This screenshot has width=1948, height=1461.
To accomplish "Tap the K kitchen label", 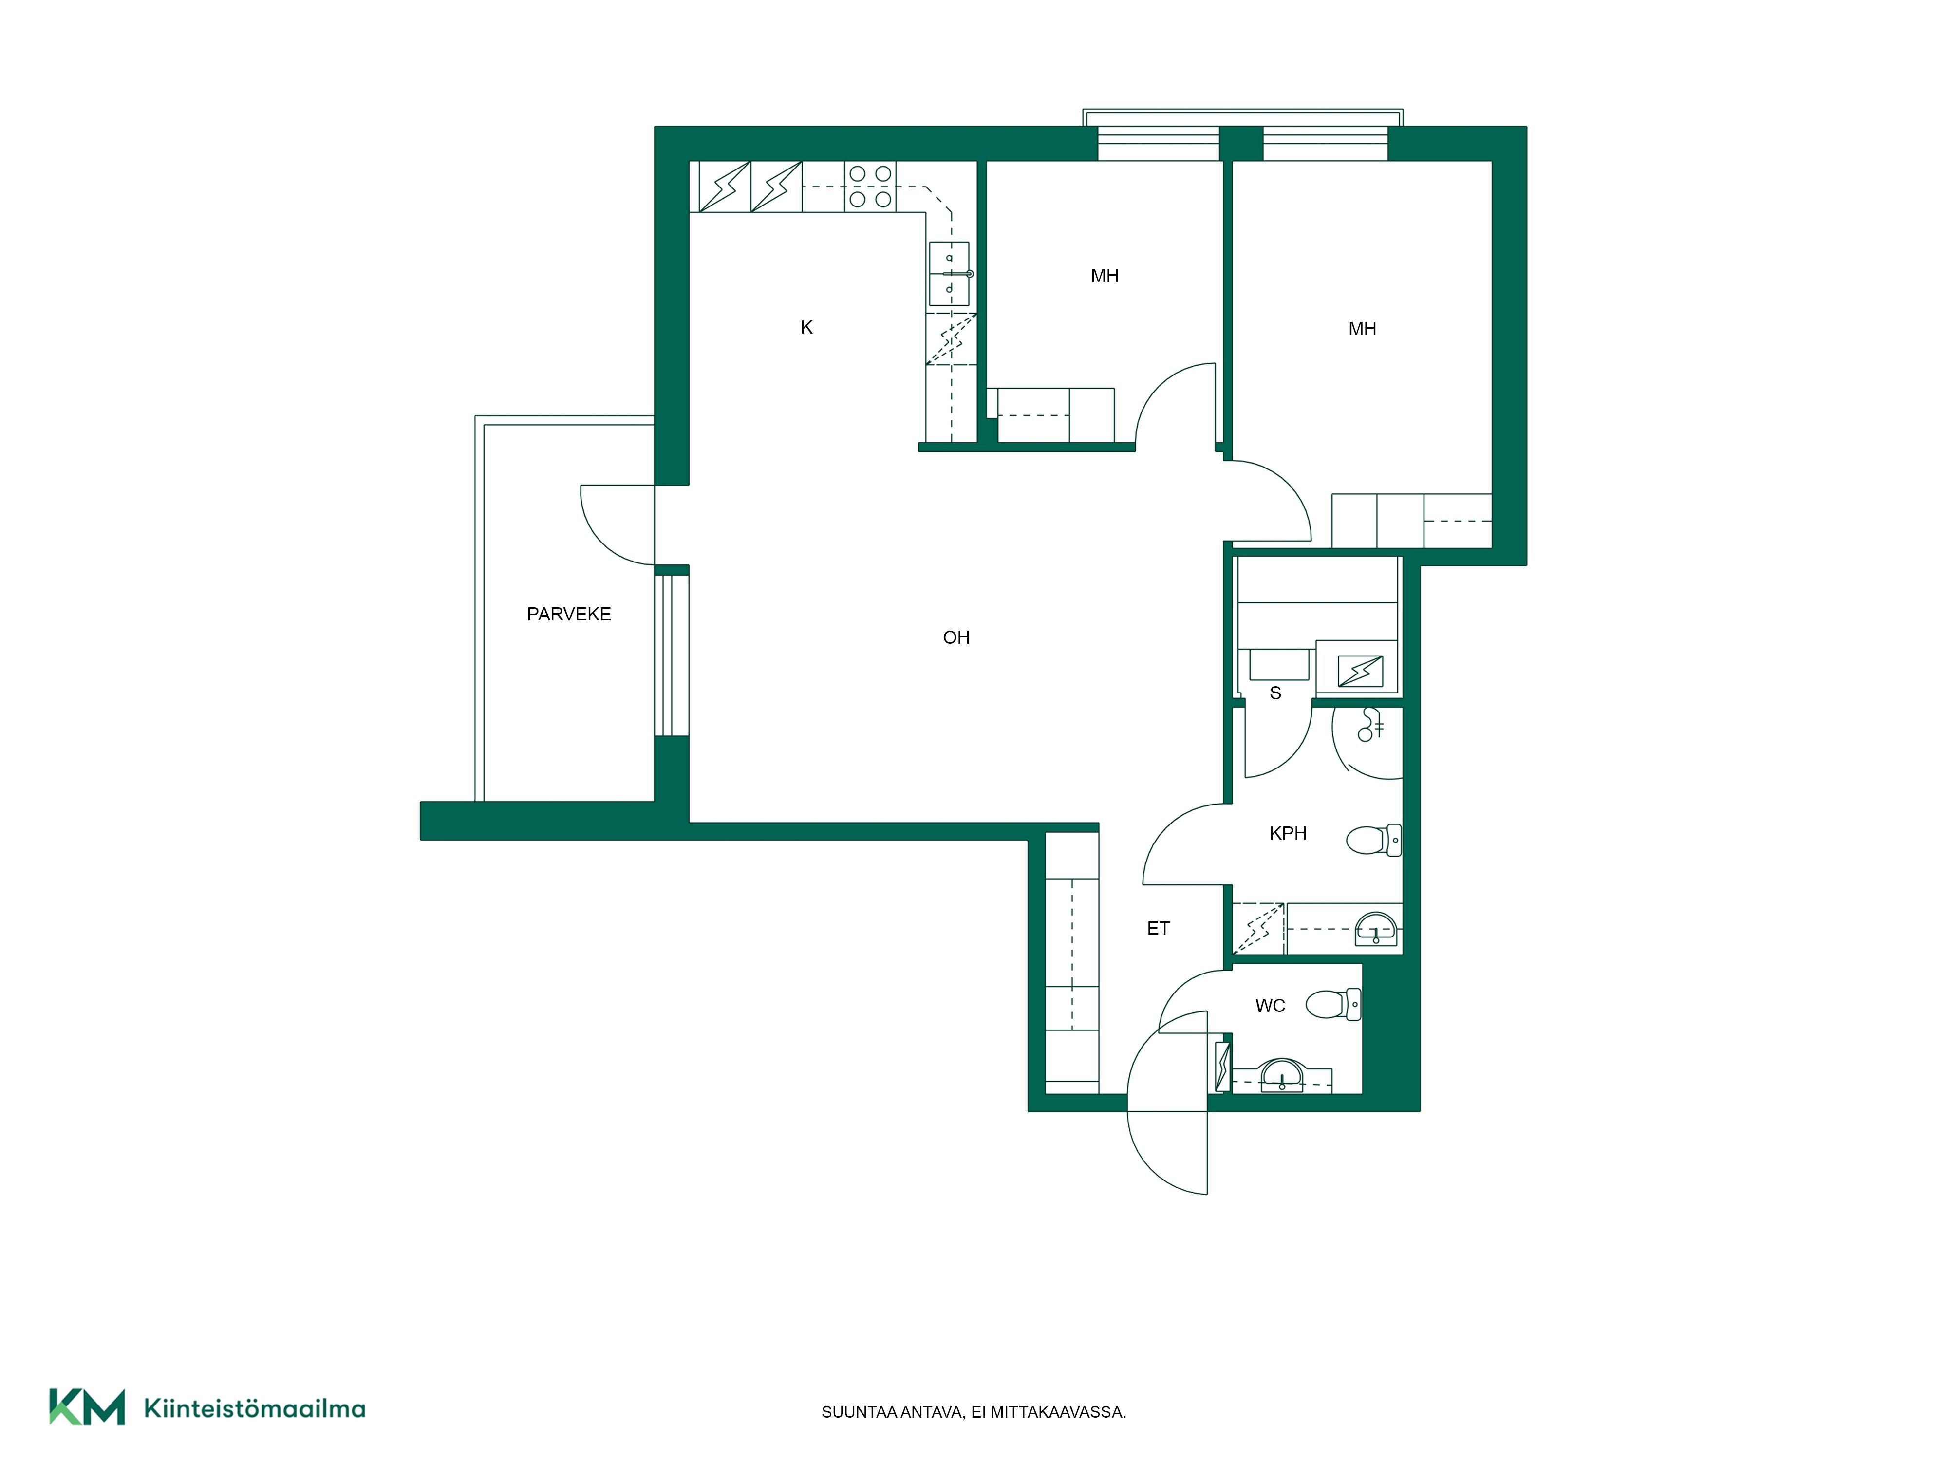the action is [x=806, y=328].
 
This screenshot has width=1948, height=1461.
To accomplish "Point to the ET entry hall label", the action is [x=1158, y=928].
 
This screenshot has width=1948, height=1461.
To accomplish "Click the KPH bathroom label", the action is [x=1288, y=833].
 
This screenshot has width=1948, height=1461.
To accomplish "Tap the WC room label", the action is [x=1270, y=1006].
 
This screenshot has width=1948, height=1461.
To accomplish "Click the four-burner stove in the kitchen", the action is [x=870, y=187].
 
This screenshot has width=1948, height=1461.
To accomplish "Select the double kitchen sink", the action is [x=949, y=274].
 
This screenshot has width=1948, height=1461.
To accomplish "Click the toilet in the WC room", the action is [x=1333, y=1004].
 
